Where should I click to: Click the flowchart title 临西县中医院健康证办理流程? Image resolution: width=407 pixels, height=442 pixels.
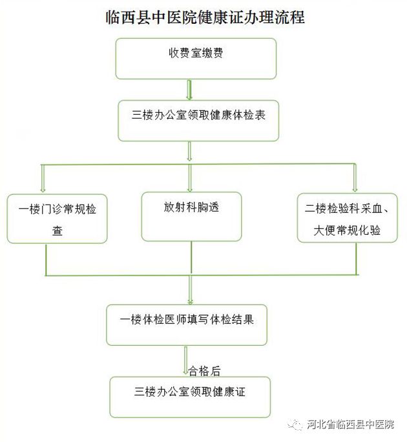pos(204,17)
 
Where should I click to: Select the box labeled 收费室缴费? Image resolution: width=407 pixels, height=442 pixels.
pos(196,58)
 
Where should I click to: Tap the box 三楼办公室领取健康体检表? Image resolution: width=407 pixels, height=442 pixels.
pos(198,119)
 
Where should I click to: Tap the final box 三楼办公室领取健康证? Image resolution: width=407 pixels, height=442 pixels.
pos(190,397)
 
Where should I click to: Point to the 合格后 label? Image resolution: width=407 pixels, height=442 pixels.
pos(204,370)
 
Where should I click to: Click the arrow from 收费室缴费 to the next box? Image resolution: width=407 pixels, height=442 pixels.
pos(189,89)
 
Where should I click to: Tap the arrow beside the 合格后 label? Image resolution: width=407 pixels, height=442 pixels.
pos(185,361)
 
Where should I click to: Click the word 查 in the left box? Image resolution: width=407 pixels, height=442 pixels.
pos(57,230)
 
